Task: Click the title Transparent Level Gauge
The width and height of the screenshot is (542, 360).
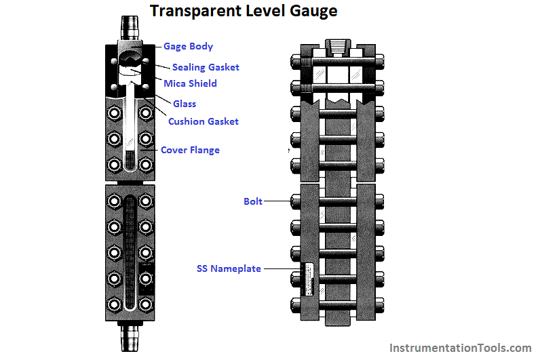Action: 243,12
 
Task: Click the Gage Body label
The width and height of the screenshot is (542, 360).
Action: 188,46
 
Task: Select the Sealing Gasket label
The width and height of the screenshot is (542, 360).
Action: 206,67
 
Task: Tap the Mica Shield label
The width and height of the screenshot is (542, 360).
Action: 190,83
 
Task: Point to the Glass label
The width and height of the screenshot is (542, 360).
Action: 184,104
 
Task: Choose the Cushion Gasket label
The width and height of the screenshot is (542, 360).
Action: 204,121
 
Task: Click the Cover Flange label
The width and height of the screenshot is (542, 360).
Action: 190,150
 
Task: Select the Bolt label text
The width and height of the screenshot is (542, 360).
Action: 252,201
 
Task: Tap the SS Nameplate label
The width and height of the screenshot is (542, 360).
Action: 229,268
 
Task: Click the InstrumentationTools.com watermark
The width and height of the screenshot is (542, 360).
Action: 460,348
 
